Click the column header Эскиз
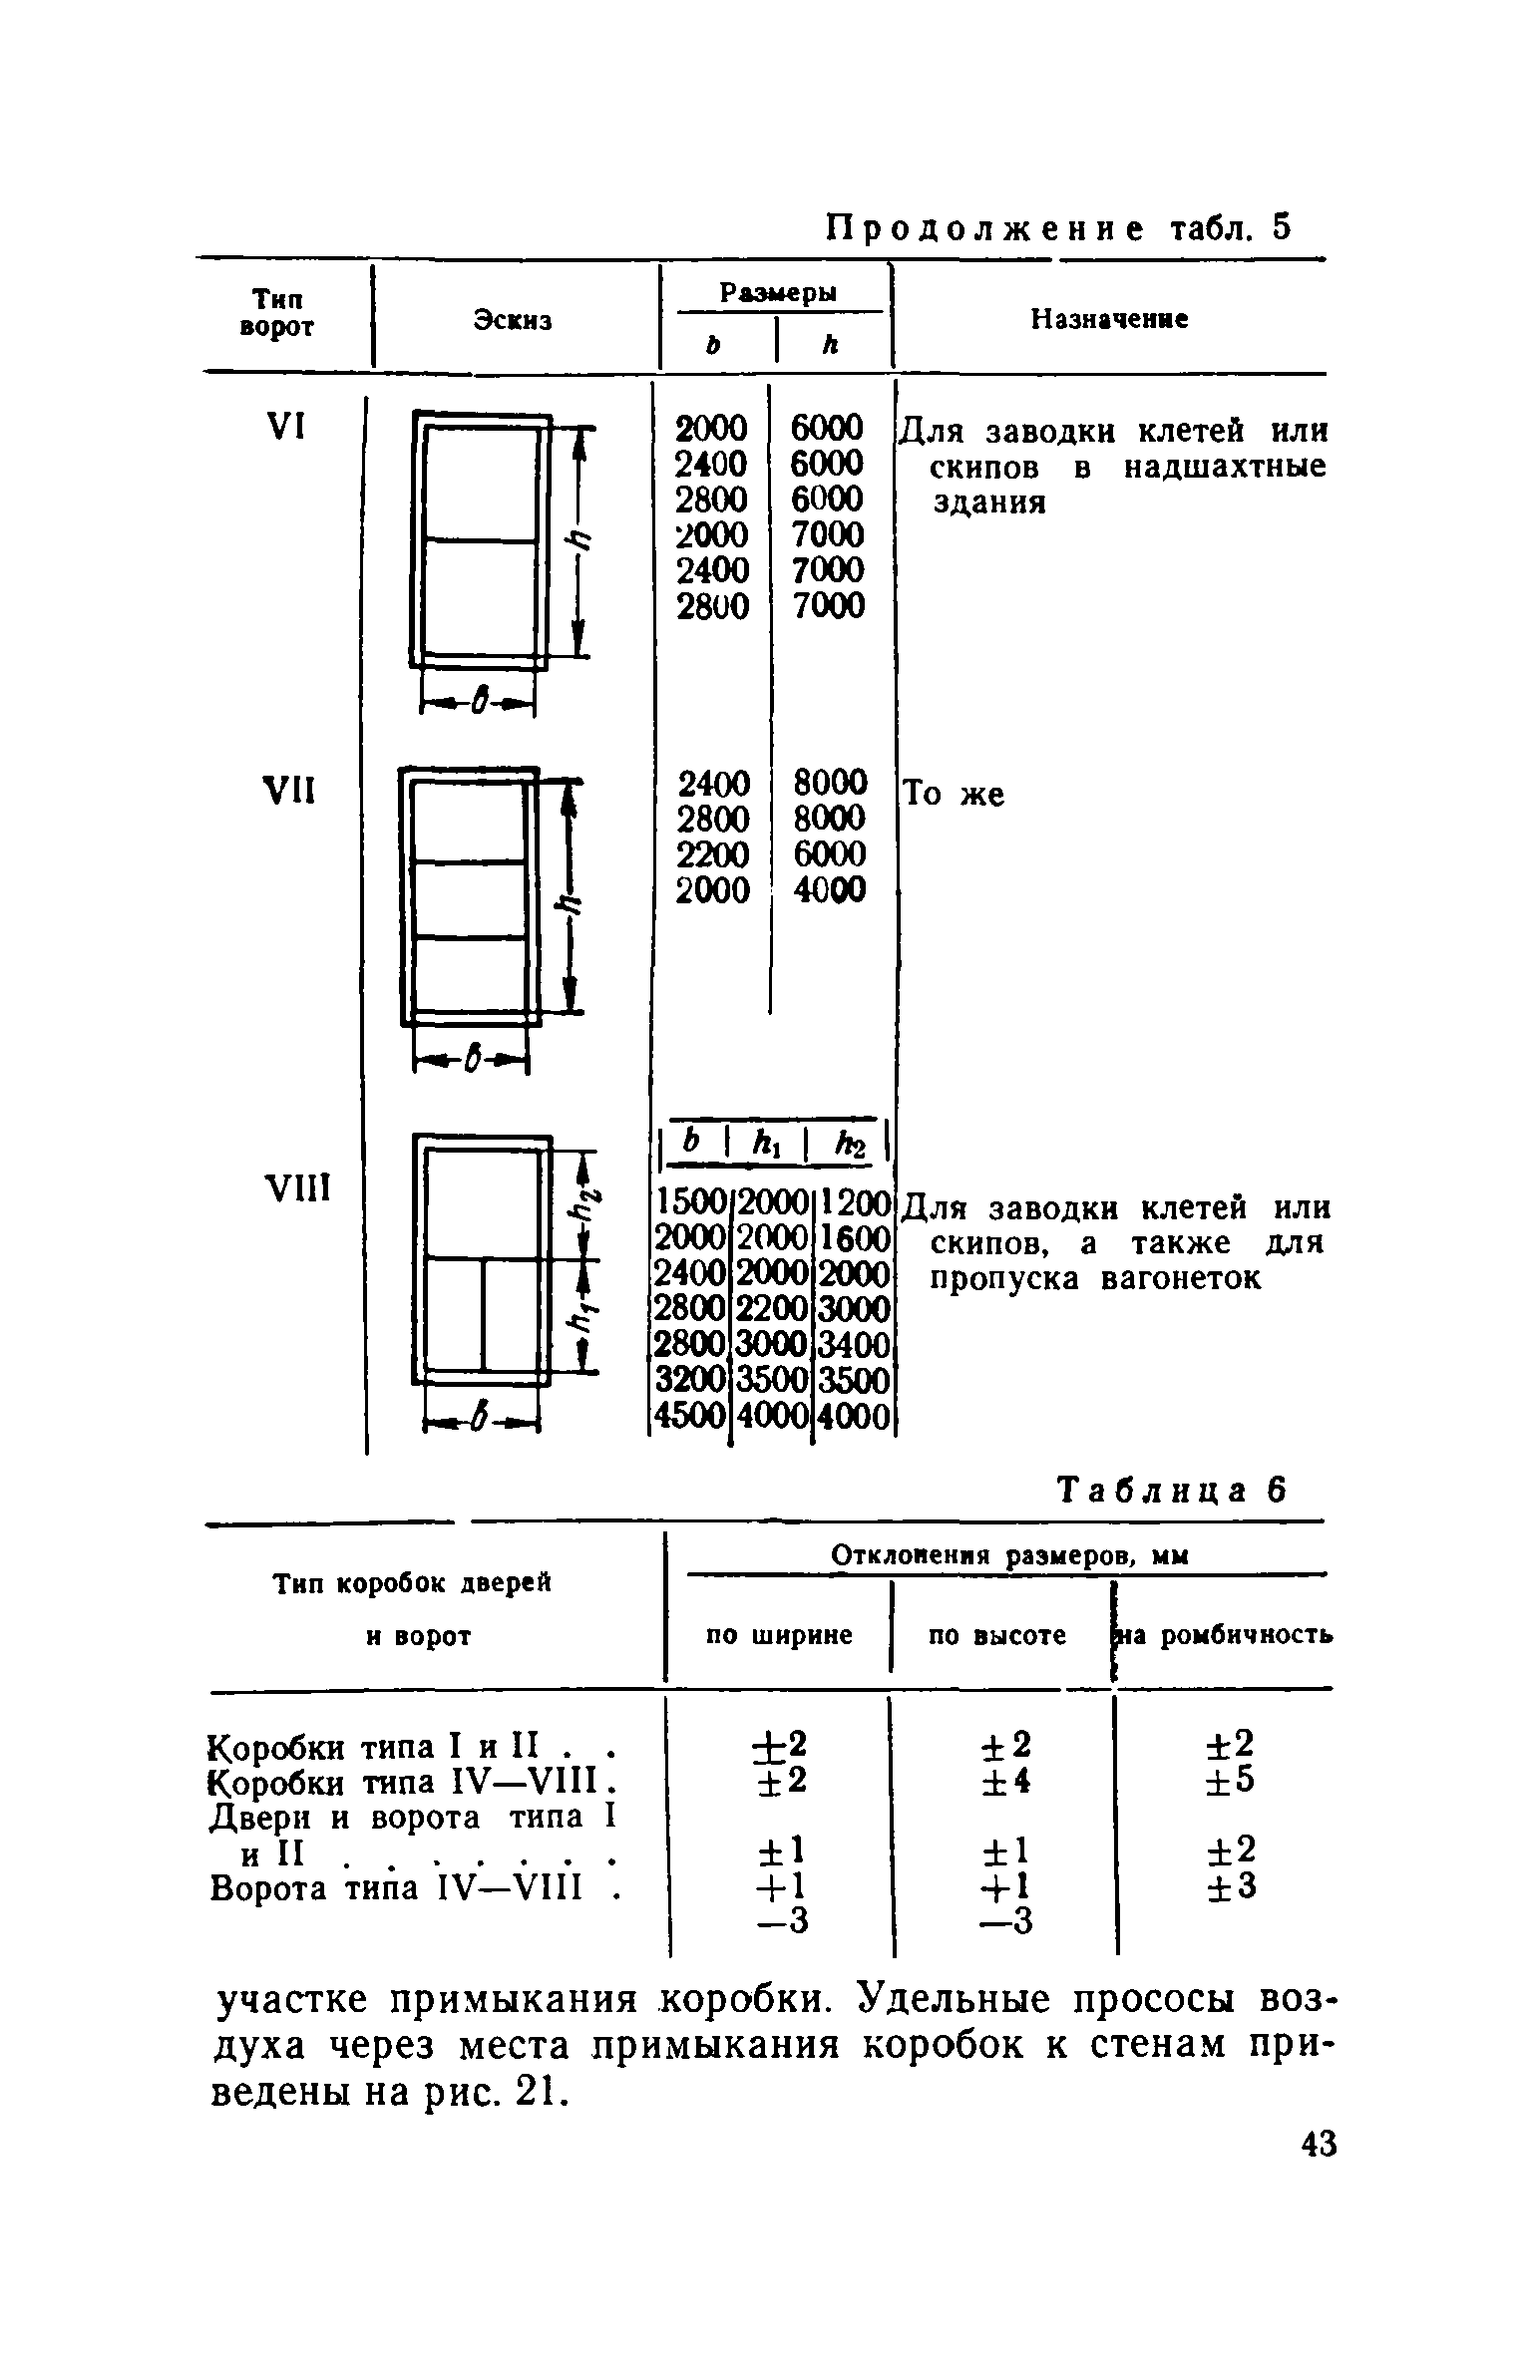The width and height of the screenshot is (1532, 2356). pos(513,321)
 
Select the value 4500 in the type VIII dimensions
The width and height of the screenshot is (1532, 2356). pos(688,1416)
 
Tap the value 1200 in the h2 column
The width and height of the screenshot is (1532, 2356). pos(854,1206)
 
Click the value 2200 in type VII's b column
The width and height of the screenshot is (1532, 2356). pos(711,854)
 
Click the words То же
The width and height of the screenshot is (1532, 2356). pos(954,795)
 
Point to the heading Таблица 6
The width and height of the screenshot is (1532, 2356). pos(1173,1491)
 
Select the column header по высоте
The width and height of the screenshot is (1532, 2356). pos(998,1635)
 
